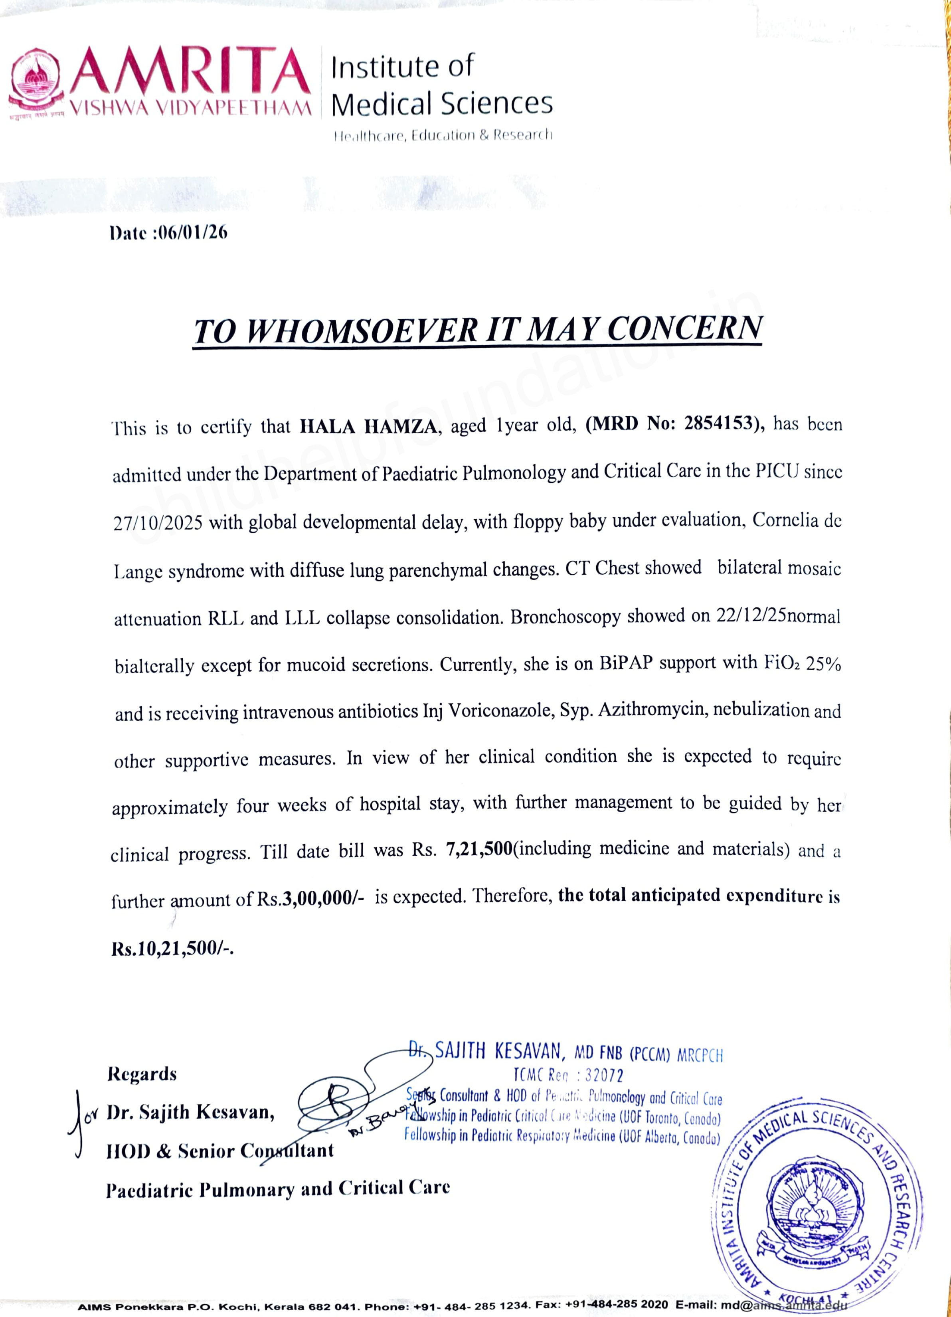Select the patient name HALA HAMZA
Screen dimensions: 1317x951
tap(368, 427)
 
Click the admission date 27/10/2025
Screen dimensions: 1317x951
tap(158, 523)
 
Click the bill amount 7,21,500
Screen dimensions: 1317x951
tap(479, 850)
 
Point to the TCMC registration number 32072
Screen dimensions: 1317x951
tap(604, 1076)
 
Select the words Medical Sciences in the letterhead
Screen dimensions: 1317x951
tap(441, 103)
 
